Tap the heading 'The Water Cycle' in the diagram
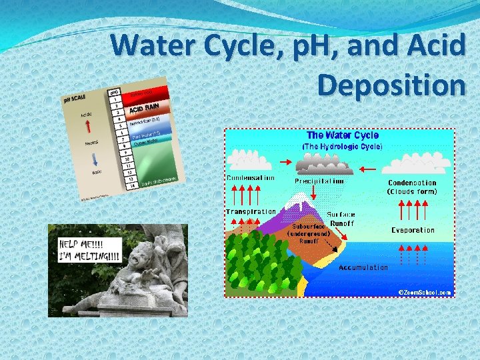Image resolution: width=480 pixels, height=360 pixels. click(342, 135)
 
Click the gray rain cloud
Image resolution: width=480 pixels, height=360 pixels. click(318, 163)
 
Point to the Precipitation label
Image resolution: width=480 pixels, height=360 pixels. click(319, 181)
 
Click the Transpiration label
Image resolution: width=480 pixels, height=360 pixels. click(251, 211)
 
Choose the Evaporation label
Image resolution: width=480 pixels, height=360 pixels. click(413, 230)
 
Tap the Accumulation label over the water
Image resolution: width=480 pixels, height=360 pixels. click(363, 267)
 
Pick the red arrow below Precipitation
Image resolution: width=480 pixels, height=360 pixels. click(313, 193)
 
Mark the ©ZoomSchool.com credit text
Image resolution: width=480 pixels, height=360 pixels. click(425, 292)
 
